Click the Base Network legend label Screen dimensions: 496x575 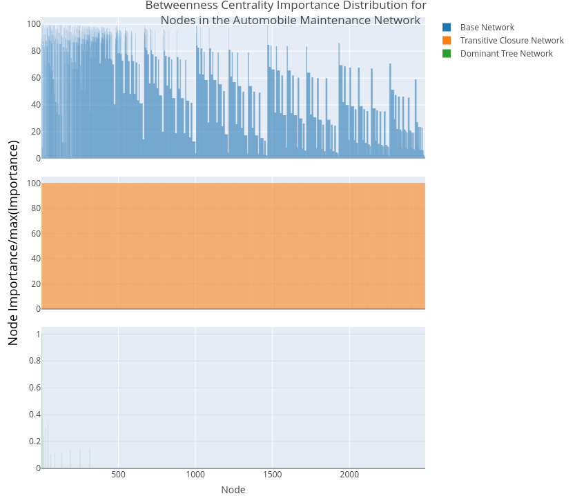[x=487, y=28]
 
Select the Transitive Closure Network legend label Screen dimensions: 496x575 [x=511, y=41]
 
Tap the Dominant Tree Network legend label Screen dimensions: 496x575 [x=506, y=54]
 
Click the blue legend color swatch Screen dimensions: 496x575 [x=447, y=28]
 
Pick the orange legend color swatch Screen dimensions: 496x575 [x=447, y=41]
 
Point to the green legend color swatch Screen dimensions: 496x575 [x=447, y=54]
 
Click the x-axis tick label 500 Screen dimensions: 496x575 [x=118, y=475]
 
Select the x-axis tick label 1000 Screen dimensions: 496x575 [x=195, y=475]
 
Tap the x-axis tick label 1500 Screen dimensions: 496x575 [x=273, y=475]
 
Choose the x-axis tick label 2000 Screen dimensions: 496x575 [x=349, y=475]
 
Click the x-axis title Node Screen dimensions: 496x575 [x=233, y=490]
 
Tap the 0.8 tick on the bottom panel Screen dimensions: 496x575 [x=32, y=361]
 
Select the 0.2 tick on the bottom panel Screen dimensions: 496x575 [x=32, y=442]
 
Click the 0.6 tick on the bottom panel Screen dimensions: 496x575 [x=32, y=388]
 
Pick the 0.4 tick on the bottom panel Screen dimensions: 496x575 [x=32, y=415]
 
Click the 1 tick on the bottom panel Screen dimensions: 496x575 [x=37, y=335]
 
